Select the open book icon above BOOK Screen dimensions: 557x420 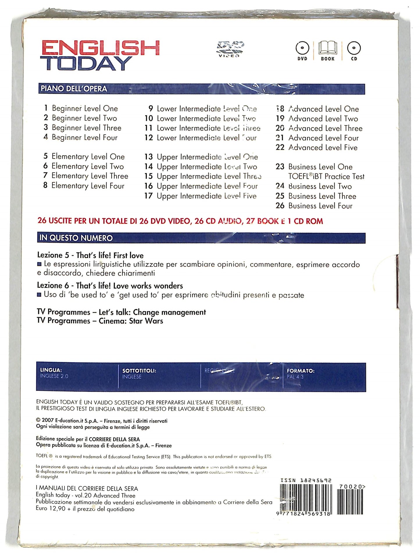[328, 48]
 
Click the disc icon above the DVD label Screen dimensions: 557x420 [302, 48]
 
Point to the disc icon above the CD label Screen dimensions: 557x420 [354, 48]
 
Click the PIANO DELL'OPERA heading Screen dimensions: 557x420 [74, 89]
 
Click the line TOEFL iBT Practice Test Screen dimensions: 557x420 [326, 176]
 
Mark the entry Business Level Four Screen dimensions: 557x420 [320, 206]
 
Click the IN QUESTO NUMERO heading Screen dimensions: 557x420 [76, 238]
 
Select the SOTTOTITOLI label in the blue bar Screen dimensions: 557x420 [139, 371]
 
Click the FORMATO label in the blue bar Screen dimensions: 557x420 [301, 371]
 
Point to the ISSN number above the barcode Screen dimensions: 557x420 [306, 480]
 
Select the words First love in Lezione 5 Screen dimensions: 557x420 [128, 255]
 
